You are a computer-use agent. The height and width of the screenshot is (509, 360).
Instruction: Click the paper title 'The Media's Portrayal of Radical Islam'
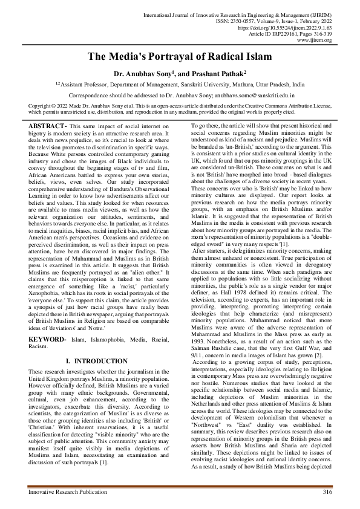(x=180, y=57)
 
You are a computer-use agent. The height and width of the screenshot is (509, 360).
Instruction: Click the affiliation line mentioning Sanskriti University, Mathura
(x=180, y=85)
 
